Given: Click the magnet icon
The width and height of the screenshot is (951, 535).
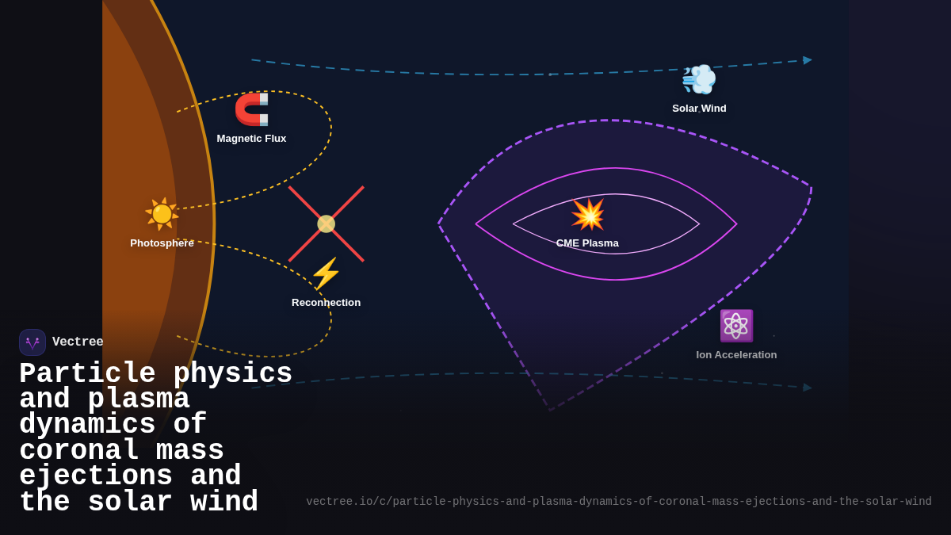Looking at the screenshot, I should tap(252, 109).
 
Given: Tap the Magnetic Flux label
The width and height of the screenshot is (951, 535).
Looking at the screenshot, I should tap(251, 139).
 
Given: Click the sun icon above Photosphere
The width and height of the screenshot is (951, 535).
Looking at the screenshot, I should tap(162, 213).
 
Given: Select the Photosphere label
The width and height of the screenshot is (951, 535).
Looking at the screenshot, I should tap(162, 243).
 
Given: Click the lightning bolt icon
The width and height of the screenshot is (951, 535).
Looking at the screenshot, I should tap(326, 273).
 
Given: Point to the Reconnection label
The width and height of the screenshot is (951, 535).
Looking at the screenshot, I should tap(326, 303).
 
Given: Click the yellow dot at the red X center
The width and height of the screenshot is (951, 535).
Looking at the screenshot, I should tap(326, 224).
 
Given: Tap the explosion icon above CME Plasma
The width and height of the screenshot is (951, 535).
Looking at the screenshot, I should tap(587, 214).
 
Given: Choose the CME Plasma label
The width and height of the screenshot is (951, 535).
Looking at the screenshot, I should tap(587, 243).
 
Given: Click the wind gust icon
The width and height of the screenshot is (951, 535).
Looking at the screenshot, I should tap(699, 79).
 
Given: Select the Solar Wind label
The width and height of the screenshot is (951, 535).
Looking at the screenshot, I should tap(699, 109).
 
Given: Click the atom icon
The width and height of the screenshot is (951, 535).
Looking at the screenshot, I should tap(736, 326).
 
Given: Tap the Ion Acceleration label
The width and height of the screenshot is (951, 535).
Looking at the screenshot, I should tap(736, 355).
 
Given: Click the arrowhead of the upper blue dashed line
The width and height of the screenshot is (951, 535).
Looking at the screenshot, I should tap(807, 60).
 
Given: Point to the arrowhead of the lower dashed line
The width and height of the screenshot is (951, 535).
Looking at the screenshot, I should tap(807, 388).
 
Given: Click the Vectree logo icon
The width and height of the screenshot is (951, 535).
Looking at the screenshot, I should tap(32, 342).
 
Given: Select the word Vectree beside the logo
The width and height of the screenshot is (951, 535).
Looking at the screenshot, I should tap(78, 342).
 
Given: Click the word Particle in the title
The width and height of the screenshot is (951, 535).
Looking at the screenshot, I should tap(87, 374).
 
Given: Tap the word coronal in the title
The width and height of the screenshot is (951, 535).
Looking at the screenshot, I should tap(78, 451).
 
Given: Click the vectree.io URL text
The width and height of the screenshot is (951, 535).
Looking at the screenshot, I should tap(618, 502).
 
